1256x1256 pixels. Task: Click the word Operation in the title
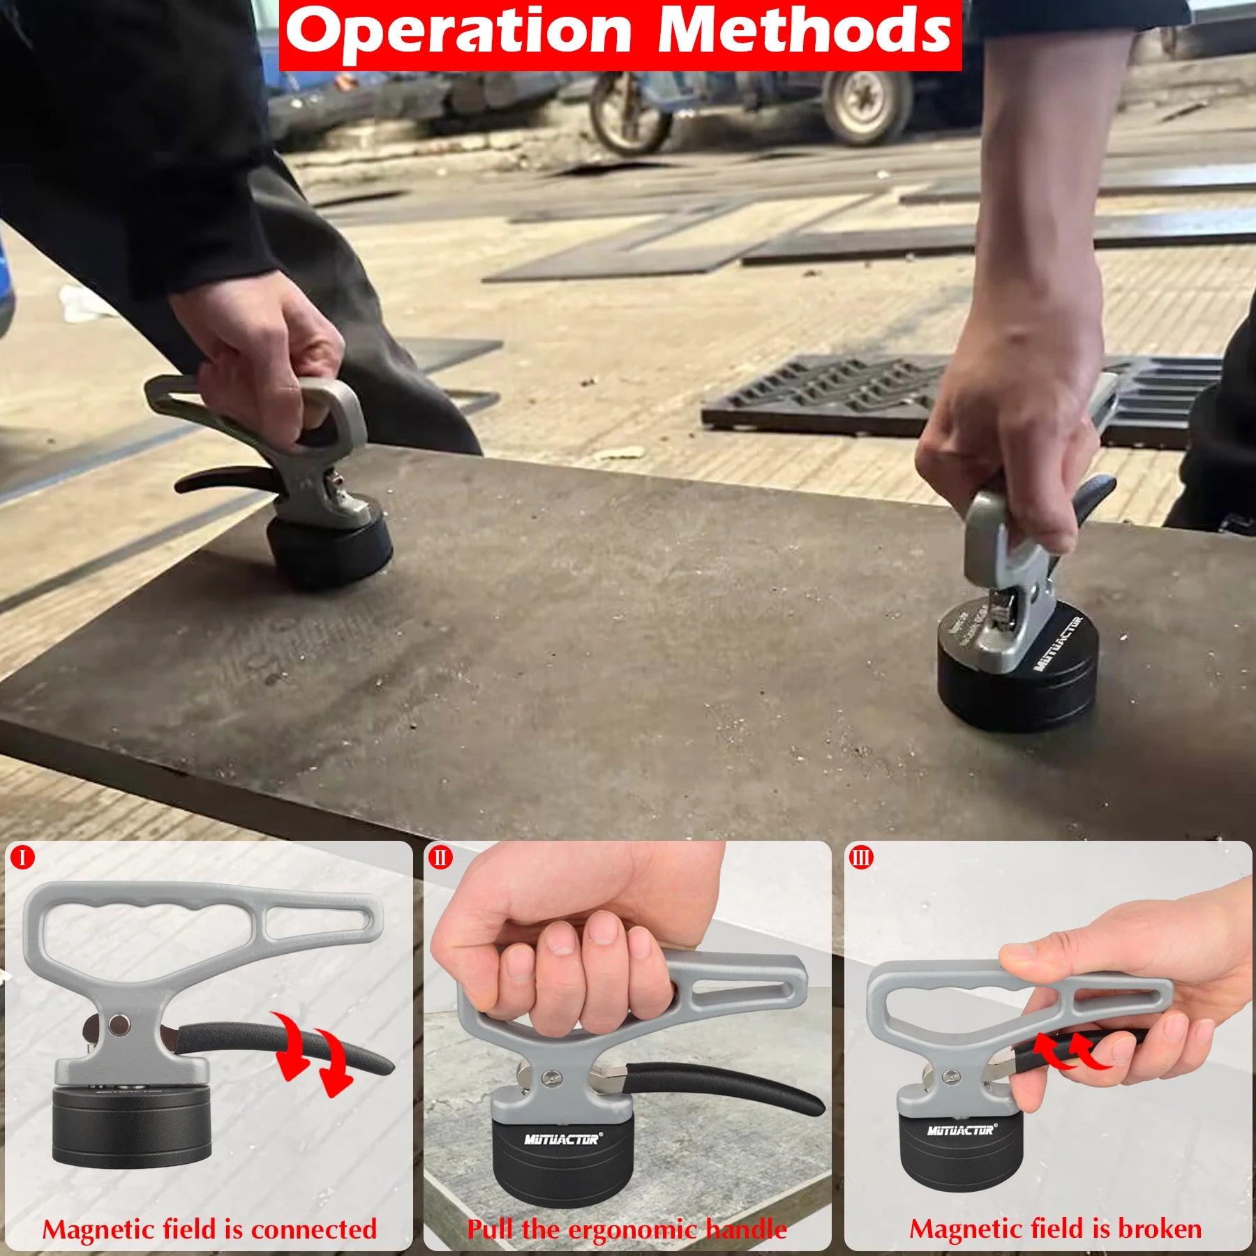click(458, 31)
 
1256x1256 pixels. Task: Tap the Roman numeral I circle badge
click(22, 857)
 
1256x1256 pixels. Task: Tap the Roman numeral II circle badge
click(440, 857)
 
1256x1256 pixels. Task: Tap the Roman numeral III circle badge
click(861, 857)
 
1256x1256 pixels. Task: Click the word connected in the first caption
click(313, 1229)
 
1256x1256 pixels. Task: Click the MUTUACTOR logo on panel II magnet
click(562, 1139)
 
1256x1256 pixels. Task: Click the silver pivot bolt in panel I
click(119, 1024)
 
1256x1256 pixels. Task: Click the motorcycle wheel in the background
click(628, 115)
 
